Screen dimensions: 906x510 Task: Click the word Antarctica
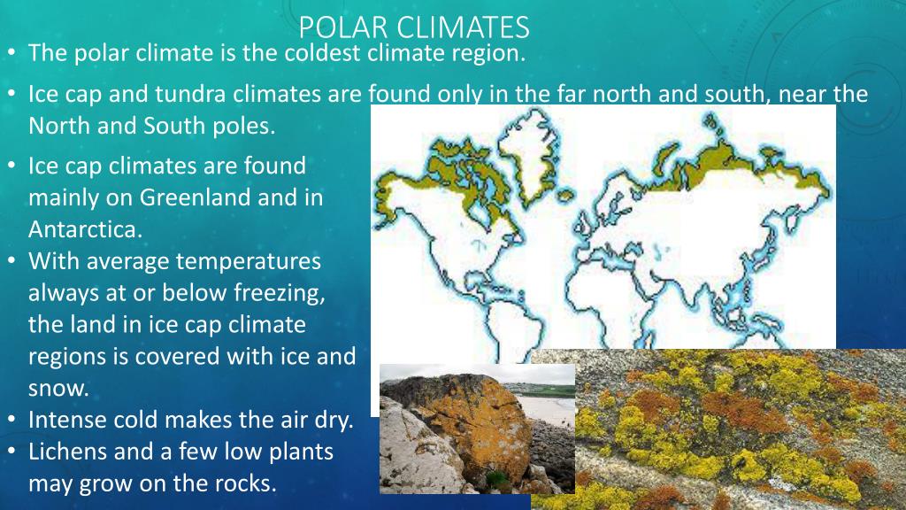[85, 229]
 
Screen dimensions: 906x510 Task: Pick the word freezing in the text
[279, 293]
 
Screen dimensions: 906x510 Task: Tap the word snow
[58, 389]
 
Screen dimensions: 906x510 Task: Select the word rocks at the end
[244, 483]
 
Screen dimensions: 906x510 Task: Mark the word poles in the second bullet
[244, 126]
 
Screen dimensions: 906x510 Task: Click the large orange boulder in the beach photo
[462, 422]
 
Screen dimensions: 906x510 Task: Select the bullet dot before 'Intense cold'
[12, 420]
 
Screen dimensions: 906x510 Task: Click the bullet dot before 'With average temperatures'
[12, 261]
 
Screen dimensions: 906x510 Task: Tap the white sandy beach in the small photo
[548, 407]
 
